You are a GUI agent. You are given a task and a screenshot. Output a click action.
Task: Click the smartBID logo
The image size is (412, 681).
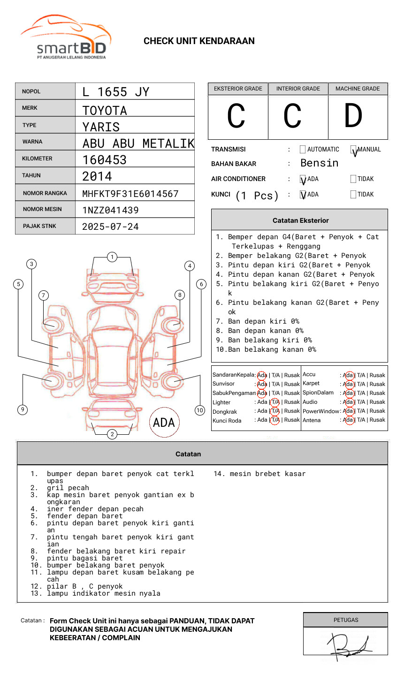pyautogui.click(x=66, y=38)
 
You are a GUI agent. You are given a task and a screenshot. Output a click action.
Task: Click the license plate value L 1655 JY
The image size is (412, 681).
pyautogui.click(x=115, y=92)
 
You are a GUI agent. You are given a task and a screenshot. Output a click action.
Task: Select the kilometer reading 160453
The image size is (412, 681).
pyautogui.click(x=104, y=160)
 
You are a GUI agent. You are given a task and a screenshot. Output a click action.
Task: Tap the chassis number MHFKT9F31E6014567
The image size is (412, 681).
pyautogui.click(x=130, y=194)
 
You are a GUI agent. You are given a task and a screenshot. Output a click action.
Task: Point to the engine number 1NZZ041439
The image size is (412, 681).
pyautogui.click(x=110, y=210)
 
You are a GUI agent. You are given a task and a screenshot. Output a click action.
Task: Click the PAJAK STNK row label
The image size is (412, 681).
pyautogui.click(x=39, y=226)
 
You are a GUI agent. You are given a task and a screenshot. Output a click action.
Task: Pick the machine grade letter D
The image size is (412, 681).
pyautogui.click(x=353, y=116)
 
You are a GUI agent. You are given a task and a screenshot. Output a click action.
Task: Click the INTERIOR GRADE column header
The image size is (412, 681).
pyautogui.click(x=298, y=89)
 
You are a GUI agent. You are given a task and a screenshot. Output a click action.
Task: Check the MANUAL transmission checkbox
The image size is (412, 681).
pyautogui.click(x=353, y=150)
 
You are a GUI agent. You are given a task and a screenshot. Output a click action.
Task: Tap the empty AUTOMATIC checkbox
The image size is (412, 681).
pyautogui.click(x=303, y=150)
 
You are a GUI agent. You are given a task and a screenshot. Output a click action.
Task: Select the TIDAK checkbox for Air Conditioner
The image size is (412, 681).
pyautogui.click(x=353, y=179)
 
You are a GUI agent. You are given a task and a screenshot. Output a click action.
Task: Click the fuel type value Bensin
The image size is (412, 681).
pyautogui.click(x=319, y=163)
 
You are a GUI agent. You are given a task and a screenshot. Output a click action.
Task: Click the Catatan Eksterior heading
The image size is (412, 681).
pyautogui.click(x=300, y=220)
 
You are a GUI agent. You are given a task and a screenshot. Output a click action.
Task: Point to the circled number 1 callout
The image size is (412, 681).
pyautogui.click(x=112, y=257)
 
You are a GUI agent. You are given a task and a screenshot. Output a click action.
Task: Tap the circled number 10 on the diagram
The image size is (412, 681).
pyautogui.click(x=200, y=410)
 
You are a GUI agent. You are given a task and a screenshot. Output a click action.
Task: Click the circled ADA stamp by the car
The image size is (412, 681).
pyautogui.click(x=164, y=423)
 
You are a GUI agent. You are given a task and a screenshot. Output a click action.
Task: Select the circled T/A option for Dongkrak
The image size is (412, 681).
pyautogui.click(x=275, y=411)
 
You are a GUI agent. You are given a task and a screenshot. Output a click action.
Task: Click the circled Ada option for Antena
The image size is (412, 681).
pyautogui.click(x=348, y=420)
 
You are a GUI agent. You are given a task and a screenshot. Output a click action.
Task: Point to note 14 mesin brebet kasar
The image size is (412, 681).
pyautogui.click(x=259, y=474)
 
